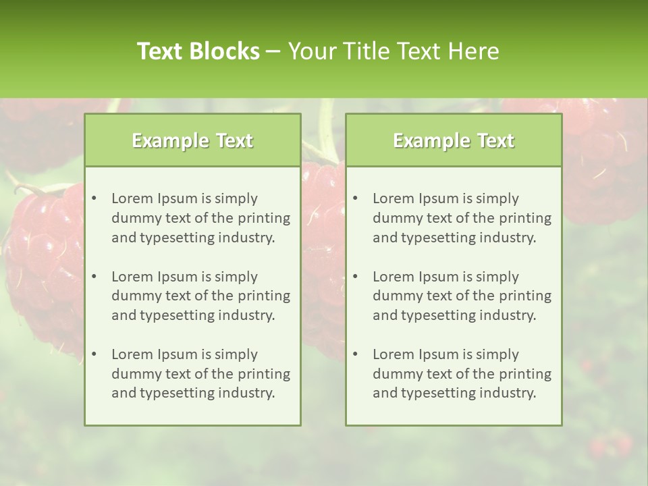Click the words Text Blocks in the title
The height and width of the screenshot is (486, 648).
[x=198, y=51]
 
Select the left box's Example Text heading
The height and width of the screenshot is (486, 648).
[x=192, y=140]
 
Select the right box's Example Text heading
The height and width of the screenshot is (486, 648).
[x=454, y=140]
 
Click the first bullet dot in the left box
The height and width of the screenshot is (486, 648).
[x=94, y=198]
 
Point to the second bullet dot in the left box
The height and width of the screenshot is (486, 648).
[x=94, y=277]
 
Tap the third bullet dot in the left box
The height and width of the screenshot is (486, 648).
[x=94, y=354]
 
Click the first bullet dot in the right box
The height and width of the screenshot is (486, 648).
[x=355, y=198]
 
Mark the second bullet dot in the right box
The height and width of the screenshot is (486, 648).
[x=355, y=277]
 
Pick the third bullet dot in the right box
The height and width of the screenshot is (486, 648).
[x=355, y=354]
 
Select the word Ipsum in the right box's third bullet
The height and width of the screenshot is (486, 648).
[x=439, y=354]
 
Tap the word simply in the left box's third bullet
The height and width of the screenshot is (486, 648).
[x=236, y=354]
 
